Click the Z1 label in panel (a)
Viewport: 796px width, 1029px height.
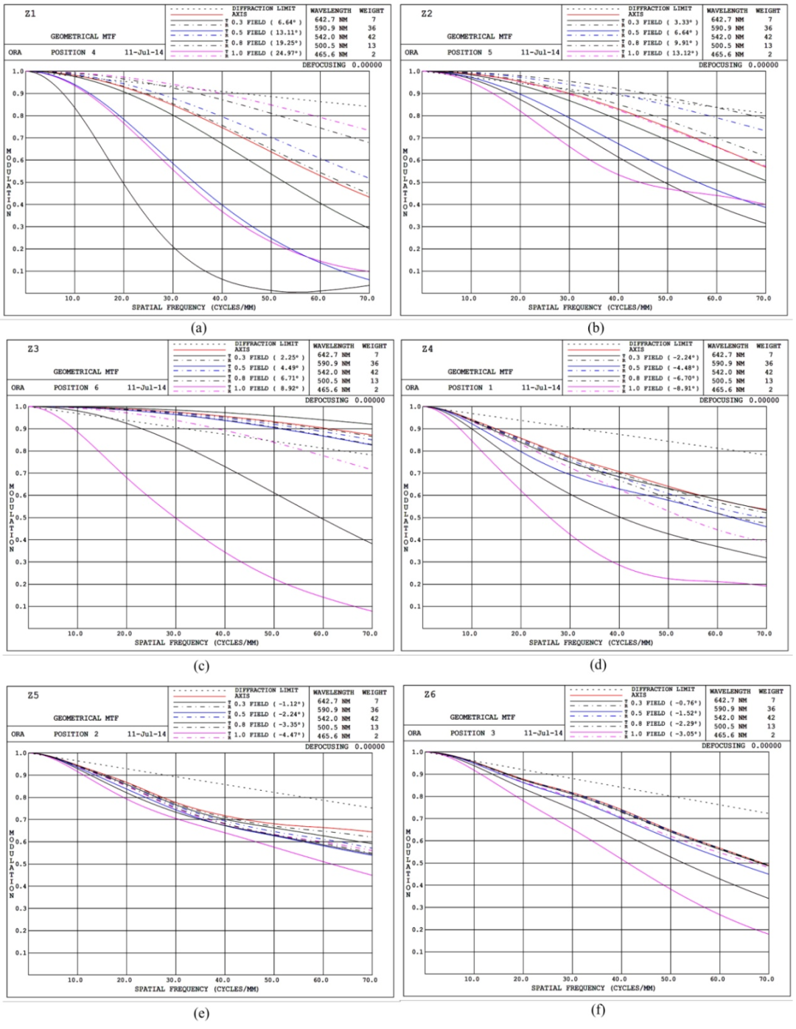pyautogui.click(x=30, y=14)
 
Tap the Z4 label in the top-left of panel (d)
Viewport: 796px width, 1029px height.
pyautogui.click(x=427, y=349)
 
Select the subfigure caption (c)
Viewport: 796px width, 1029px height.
pyautogui.click(x=200, y=666)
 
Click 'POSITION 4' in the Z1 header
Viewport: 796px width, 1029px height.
pyautogui.click(x=73, y=53)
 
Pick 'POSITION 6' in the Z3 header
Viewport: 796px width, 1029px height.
pyautogui.click(x=76, y=387)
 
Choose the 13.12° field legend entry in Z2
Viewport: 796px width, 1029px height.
pyautogui.click(x=663, y=54)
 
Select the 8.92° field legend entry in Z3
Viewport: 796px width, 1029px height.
pyautogui.click(x=270, y=388)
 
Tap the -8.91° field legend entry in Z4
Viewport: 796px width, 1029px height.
pyautogui.click(x=666, y=388)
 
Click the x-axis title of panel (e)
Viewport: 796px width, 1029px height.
pyautogui.click(x=196, y=988)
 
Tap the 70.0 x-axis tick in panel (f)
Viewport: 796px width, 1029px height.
pyautogui.click(x=767, y=979)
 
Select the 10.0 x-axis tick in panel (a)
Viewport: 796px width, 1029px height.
pyautogui.click(x=72, y=299)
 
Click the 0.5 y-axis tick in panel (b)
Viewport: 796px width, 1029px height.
pyautogui.click(x=414, y=182)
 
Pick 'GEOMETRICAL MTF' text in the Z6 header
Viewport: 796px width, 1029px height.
pyautogui.click(x=483, y=717)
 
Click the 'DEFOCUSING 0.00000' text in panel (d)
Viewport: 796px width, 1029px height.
pyautogui.click(x=739, y=401)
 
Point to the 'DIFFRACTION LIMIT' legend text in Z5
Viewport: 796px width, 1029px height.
pyautogui.click(x=266, y=690)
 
